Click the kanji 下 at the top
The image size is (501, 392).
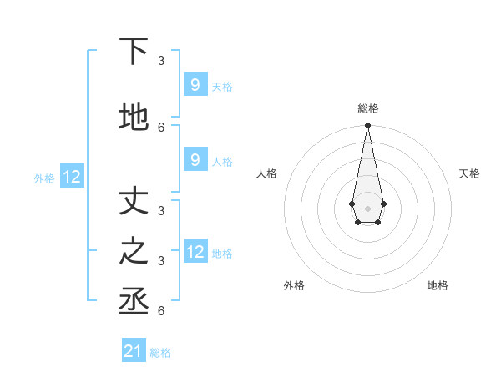pos(134,52)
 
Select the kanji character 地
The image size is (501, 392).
pos(134,118)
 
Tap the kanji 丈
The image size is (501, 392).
pos(134,202)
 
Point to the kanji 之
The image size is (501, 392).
pos(134,252)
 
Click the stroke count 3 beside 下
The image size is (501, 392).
pos(161,61)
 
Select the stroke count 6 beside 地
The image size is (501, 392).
pos(161,128)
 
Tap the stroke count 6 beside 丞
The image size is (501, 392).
pos(161,311)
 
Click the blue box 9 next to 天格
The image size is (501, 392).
pos(195,84)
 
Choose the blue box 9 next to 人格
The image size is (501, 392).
pos(195,160)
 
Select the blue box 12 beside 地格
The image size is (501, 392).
pos(195,251)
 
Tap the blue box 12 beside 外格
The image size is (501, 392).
pos(72,177)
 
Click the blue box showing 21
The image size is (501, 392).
pos(134,351)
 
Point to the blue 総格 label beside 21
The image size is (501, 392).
pos(160,353)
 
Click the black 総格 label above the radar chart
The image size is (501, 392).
pos(367,108)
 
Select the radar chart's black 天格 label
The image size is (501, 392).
pos(469,173)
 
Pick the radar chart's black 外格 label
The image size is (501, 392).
pos(294,285)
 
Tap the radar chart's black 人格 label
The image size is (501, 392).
pos(266,173)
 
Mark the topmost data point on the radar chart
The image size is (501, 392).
pos(367,126)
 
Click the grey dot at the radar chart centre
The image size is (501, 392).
pos(367,207)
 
